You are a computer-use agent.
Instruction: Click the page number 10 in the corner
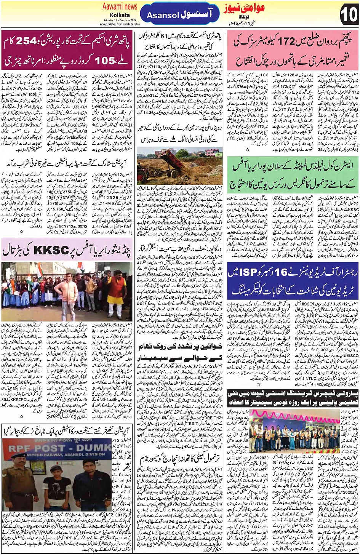tap(349, 15)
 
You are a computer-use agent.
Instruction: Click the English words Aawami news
tap(120, 6)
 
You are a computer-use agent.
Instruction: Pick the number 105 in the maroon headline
tap(105, 60)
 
